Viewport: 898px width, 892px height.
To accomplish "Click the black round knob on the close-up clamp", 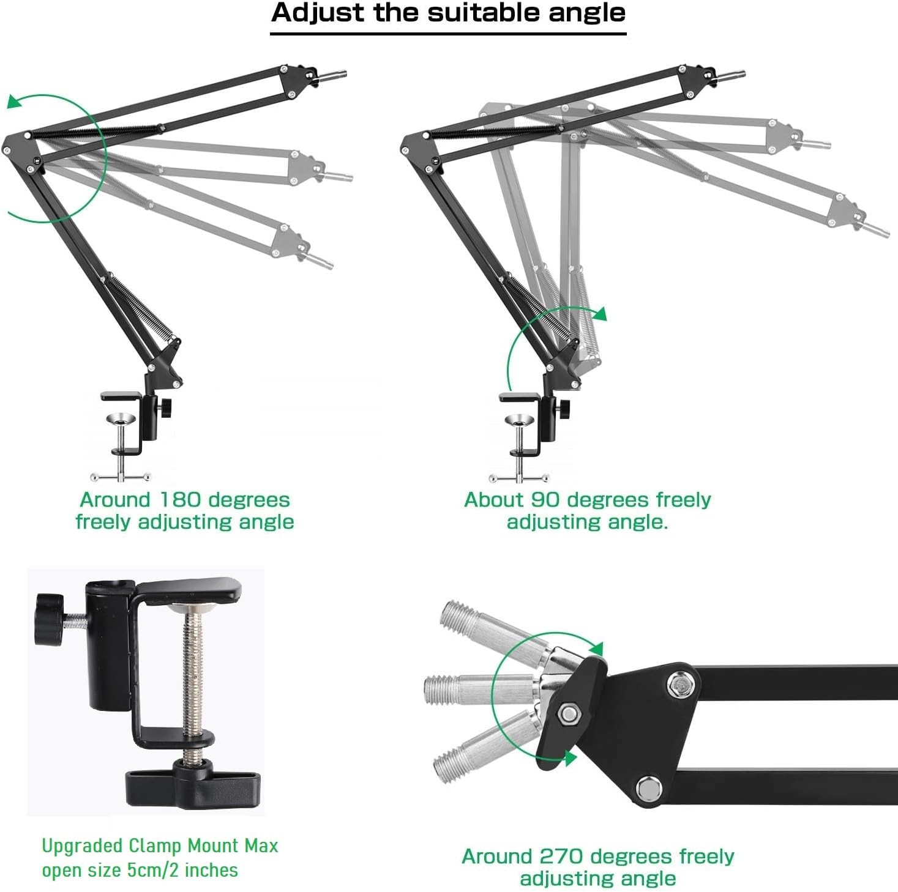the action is pos(49,620).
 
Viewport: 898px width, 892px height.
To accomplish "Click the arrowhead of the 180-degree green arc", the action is pos(15,101).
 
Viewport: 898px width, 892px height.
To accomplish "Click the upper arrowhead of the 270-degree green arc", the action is pos(596,649).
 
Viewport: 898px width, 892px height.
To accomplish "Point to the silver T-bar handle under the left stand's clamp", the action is pos(121,477).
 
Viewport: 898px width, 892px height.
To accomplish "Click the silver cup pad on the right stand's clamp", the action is pos(519,420).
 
